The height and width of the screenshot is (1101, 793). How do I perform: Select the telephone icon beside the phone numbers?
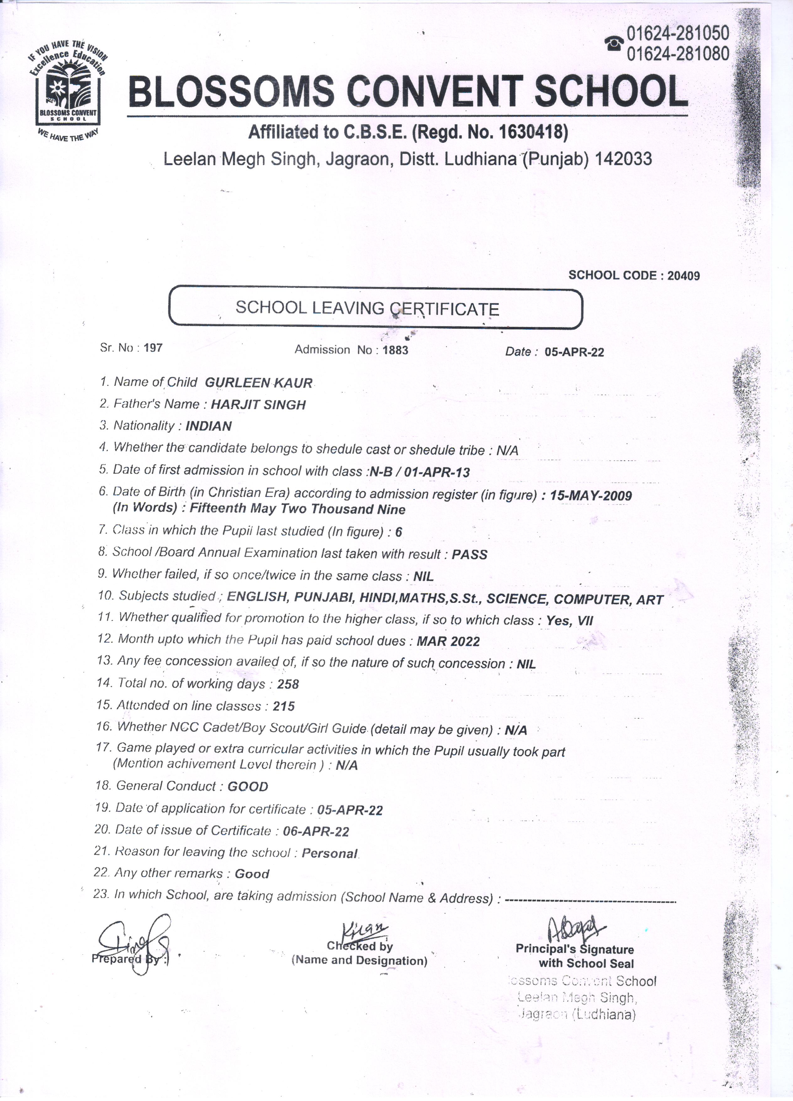(x=614, y=44)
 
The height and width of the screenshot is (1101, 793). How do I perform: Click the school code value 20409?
(x=684, y=276)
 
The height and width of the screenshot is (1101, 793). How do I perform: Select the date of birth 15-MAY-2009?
(x=591, y=496)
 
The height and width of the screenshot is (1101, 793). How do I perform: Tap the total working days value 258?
(x=288, y=684)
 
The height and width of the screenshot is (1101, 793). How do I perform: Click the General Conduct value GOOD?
(x=247, y=786)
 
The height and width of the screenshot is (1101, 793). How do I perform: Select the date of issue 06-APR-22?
(x=316, y=832)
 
